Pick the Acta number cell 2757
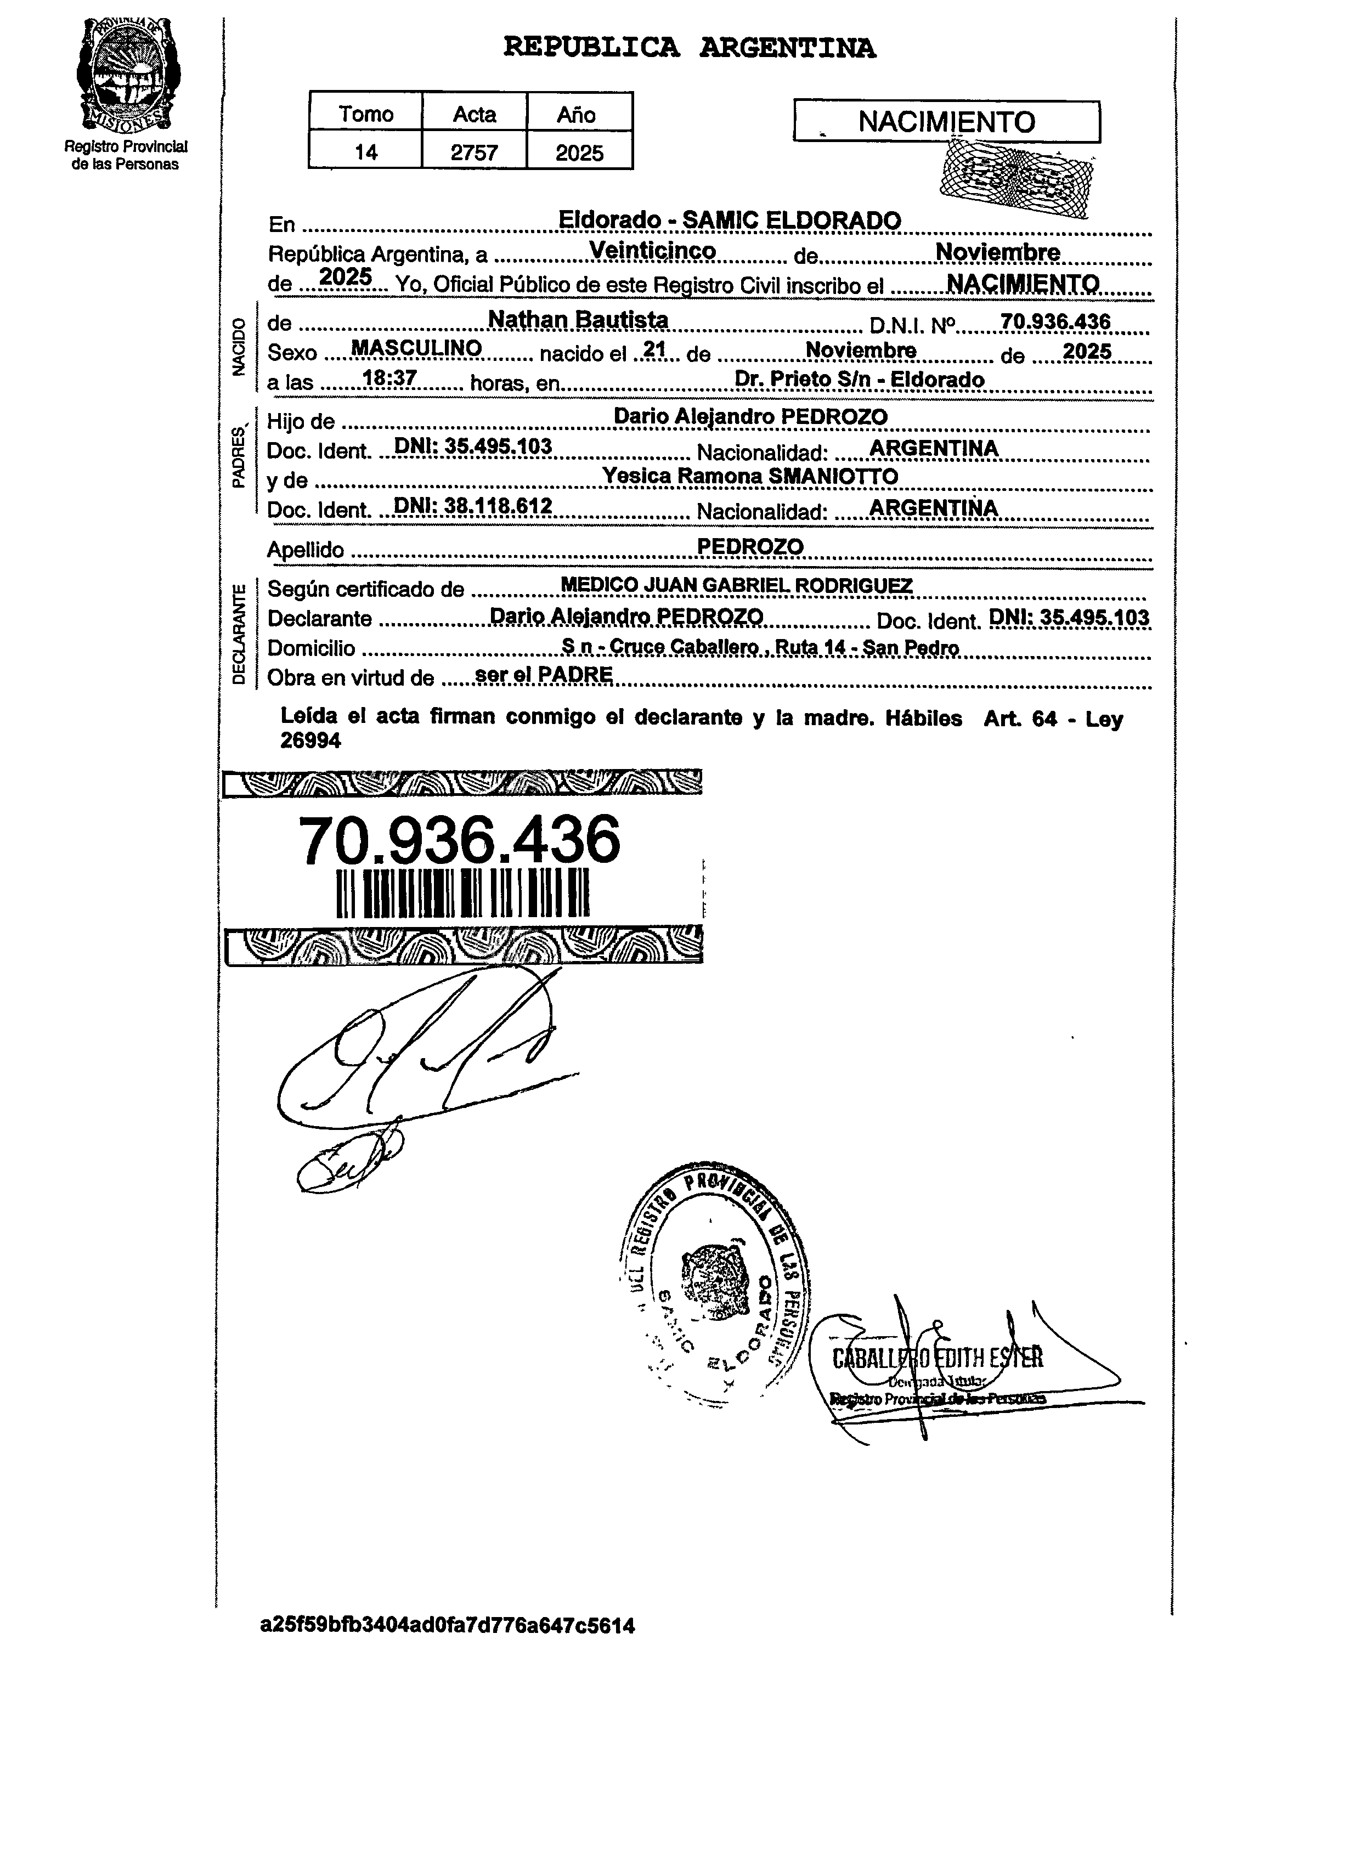pyautogui.click(x=475, y=152)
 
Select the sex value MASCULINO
pyautogui.click(x=416, y=348)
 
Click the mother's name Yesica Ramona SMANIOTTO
pyautogui.click(x=750, y=476)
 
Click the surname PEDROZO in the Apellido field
pyautogui.click(x=750, y=546)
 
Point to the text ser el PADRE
pyautogui.click(x=545, y=675)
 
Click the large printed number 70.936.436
pyautogui.click(x=459, y=840)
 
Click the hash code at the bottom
pyautogui.click(x=447, y=1625)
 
